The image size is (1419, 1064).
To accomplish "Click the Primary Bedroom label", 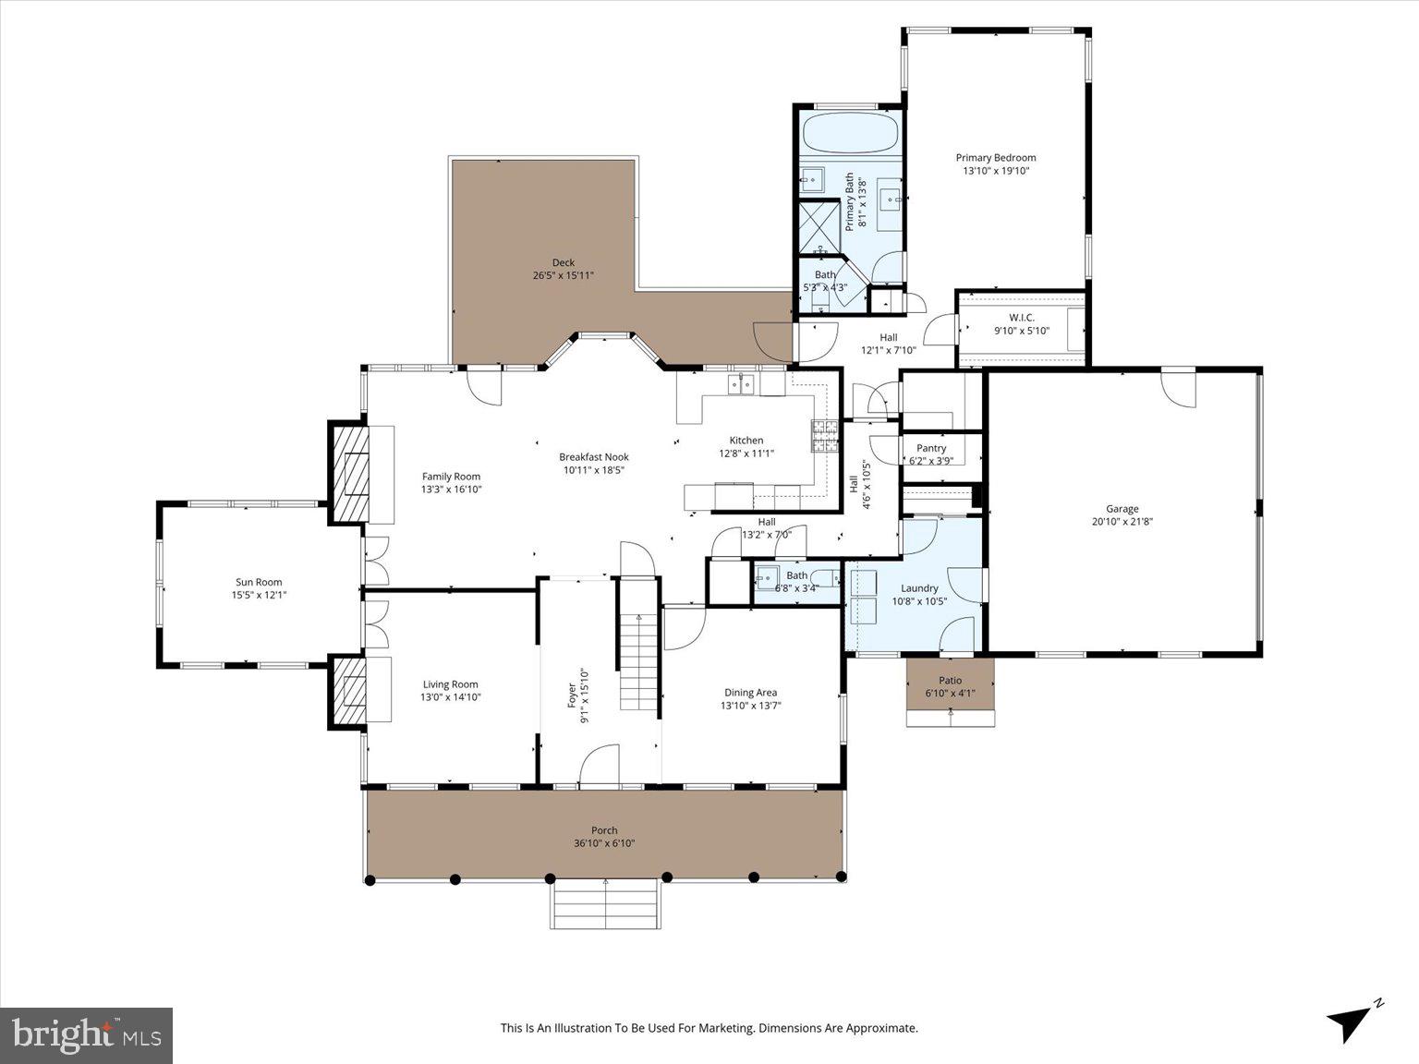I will click(x=995, y=158).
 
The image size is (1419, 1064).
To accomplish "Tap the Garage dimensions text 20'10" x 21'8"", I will click(x=1122, y=521).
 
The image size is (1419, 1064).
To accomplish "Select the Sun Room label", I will click(x=259, y=582).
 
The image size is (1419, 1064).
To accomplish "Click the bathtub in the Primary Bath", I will click(x=850, y=132).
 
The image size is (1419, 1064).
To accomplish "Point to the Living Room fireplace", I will click(x=349, y=691).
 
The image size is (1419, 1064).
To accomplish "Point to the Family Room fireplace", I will click(x=349, y=474).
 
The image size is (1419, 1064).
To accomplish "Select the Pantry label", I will click(x=931, y=448).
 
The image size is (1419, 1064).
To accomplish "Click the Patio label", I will click(x=950, y=681).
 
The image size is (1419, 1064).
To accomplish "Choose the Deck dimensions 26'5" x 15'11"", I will click(x=563, y=275).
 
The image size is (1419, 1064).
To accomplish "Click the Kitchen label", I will click(x=746, y=441).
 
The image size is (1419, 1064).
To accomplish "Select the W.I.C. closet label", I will click(x=1021, y=318).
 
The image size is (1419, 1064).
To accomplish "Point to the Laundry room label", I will click(x=919, y=588).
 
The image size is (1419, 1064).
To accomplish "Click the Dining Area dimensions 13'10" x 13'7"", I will click(x=750, y=706).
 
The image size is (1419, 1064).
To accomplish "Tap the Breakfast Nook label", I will click(x=593, y=456).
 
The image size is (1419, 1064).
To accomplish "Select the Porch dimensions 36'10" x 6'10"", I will click(x=604, y=843).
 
